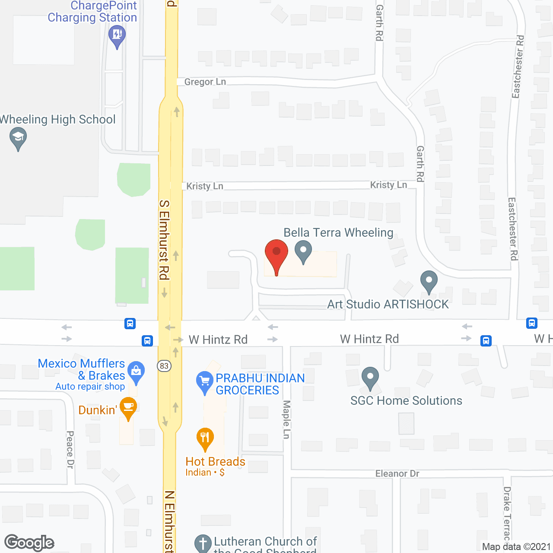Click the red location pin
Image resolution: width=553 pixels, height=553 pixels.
click(x=276, y=253)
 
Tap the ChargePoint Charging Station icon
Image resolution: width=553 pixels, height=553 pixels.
click(x=117, y=34)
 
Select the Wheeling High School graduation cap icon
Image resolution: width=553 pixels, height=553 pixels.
click(x=18, y=138)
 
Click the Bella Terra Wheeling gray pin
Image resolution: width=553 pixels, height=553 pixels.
click(x=303, y=250)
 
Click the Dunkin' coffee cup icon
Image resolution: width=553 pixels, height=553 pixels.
click(x=128, y=407)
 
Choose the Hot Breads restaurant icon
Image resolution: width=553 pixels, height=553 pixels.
click(x=205, y=438)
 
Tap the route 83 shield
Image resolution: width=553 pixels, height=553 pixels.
click(x=164, y=366)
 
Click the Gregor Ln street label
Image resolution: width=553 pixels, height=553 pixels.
click(x=205, y=82)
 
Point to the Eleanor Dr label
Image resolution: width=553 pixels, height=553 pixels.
click(x=397, y=474)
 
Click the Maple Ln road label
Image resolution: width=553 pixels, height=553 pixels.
click(x=286, y=419)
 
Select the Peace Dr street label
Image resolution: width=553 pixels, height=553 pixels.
click(x=70, y=449)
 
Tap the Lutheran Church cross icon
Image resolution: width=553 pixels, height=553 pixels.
click(x=203, y=543)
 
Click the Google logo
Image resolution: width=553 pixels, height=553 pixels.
click(x=29, y=543)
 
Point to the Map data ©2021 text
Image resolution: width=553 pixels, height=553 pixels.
click(x=516, y=547)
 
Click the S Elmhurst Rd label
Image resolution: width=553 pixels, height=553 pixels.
click(x=164, y=239)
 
